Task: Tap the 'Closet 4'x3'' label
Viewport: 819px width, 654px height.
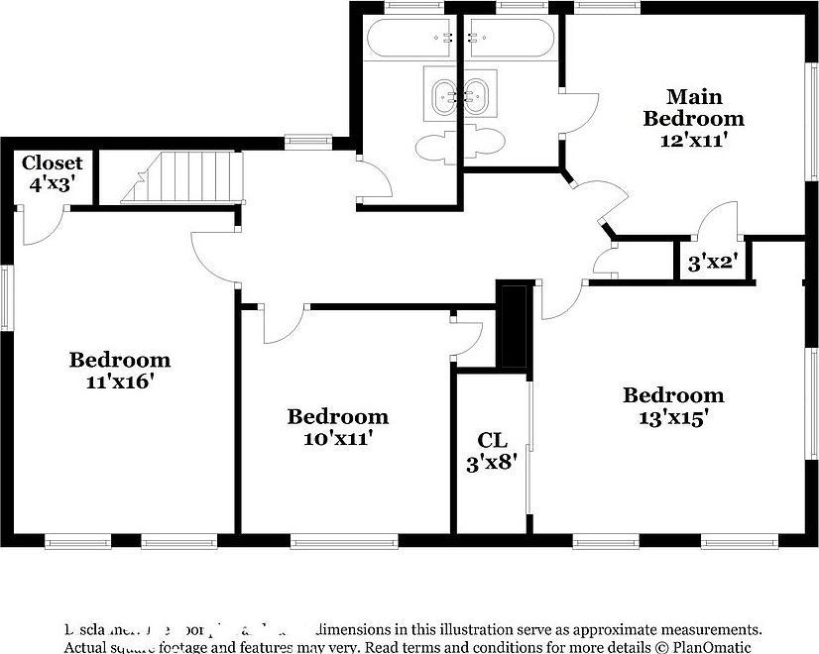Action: [52, 172]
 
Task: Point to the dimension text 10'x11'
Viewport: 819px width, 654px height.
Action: [337, 437]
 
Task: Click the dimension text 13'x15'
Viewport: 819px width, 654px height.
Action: [672, 418]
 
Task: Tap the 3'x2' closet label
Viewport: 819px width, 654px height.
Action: [711, 264]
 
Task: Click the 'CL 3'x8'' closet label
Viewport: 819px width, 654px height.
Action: [492, 451]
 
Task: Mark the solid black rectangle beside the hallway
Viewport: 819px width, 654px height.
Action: [513, 326]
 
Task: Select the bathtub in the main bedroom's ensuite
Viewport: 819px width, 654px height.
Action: [508, 40]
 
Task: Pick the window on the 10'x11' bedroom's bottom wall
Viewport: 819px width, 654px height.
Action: [343, 541]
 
